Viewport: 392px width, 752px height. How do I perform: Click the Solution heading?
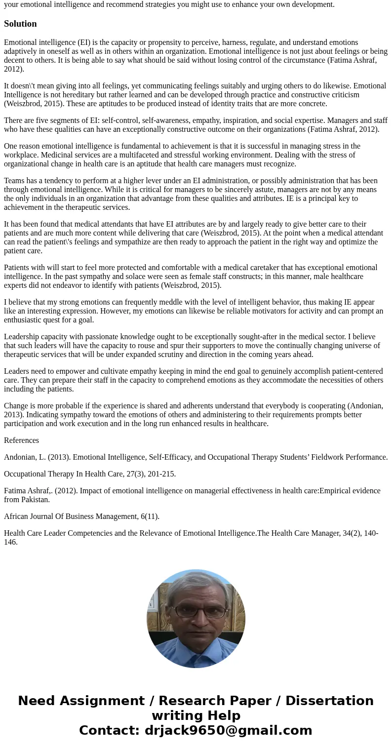click(x=20, y=24)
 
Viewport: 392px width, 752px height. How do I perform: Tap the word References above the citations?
click(x=21, y=440)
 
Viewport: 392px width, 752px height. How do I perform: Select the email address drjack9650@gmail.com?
click(x=229, y=730)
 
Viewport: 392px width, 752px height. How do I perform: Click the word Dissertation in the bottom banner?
click(x=329, y=701)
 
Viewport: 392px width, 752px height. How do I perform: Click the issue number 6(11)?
click(x=150, y=516)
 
